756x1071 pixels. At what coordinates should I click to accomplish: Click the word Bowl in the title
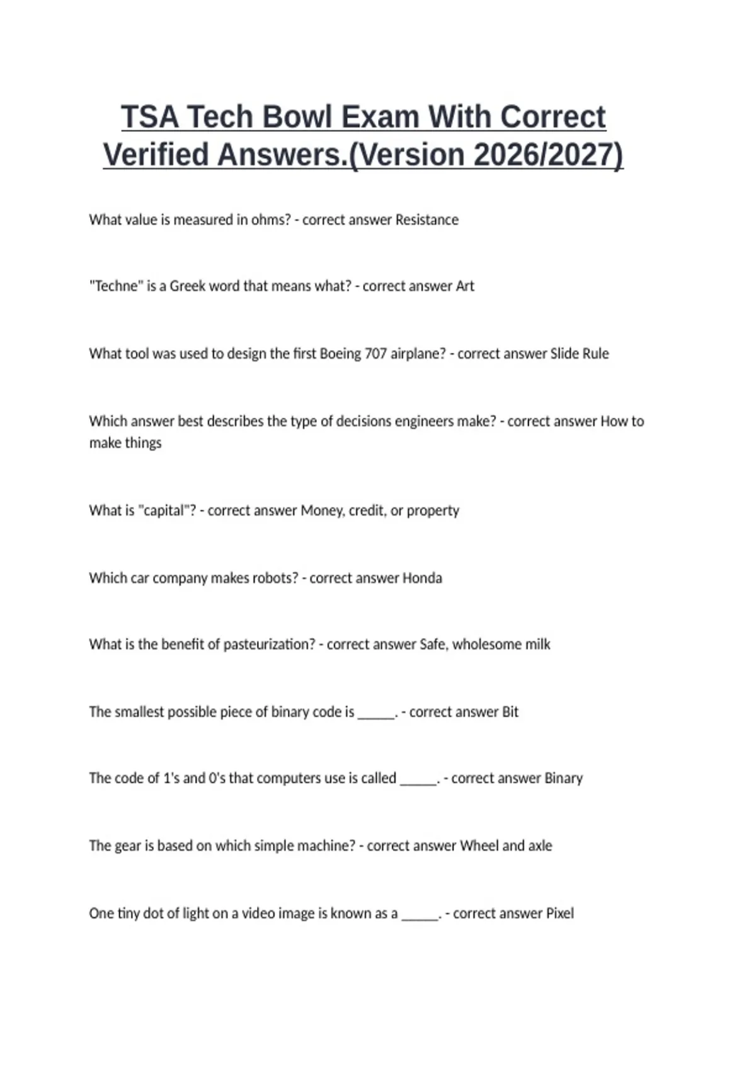(301, 117)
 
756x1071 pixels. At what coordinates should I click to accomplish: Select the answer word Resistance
(427, 220)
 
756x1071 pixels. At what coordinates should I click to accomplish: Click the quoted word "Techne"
(116, 286)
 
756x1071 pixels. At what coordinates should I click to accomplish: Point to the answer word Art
(465, 286)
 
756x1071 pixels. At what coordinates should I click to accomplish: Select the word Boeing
(341, 353)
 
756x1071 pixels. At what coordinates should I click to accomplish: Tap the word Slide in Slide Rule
(564, 353)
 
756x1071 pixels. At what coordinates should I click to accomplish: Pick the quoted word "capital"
(167, 510)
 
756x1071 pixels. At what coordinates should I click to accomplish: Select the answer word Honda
(422, 578)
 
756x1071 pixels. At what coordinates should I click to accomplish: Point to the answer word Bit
(510, 712)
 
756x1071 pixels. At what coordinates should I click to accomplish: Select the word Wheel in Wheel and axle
(479, 845)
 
